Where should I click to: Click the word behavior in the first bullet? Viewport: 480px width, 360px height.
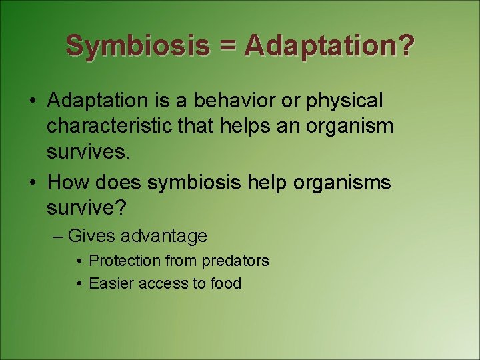click(223, 101)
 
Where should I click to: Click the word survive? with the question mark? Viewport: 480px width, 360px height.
click(87, 209)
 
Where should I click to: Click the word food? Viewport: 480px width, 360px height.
click(225, 283)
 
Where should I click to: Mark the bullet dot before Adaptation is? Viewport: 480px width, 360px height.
click(32, 101)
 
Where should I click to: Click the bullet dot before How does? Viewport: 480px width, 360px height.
click(32, 183)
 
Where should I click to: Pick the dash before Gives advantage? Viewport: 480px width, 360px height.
click(59, 236)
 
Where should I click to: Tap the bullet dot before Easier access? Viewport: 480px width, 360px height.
click(79, 284)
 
